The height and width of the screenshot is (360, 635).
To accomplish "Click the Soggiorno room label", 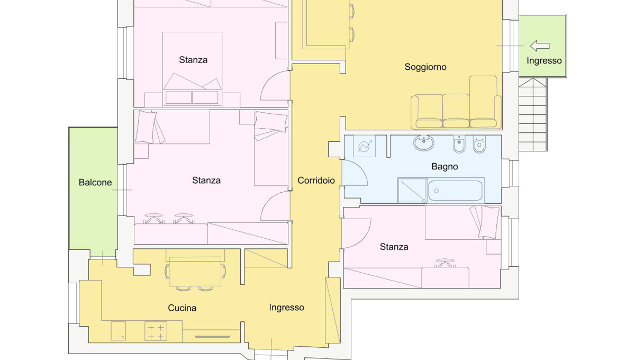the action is (425, 67).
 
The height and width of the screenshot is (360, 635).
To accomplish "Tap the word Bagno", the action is (444, 167).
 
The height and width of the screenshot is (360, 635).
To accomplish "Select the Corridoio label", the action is (316, 181).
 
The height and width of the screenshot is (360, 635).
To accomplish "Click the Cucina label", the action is (182, 308).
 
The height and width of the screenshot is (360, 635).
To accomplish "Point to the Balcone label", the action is (95, 183).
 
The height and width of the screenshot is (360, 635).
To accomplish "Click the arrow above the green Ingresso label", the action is (540, 46).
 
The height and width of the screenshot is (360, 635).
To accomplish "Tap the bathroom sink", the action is (423, 143).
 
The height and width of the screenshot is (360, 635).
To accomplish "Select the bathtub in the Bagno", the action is (455, 191).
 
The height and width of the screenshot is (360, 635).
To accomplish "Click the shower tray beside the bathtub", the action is (412, 191).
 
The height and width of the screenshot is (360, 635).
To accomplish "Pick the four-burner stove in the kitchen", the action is (156, 331).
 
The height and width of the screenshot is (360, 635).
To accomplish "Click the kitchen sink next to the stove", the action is (118, 331).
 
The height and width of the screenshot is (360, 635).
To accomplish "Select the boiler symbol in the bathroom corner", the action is (364, 146).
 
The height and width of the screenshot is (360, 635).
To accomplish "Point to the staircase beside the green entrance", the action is (533, 114).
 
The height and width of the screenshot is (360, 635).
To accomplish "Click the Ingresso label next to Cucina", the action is (287, 308).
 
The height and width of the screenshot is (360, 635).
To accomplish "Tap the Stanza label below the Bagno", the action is (394, 247).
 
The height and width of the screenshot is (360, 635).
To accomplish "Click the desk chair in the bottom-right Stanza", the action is (445, 263).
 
